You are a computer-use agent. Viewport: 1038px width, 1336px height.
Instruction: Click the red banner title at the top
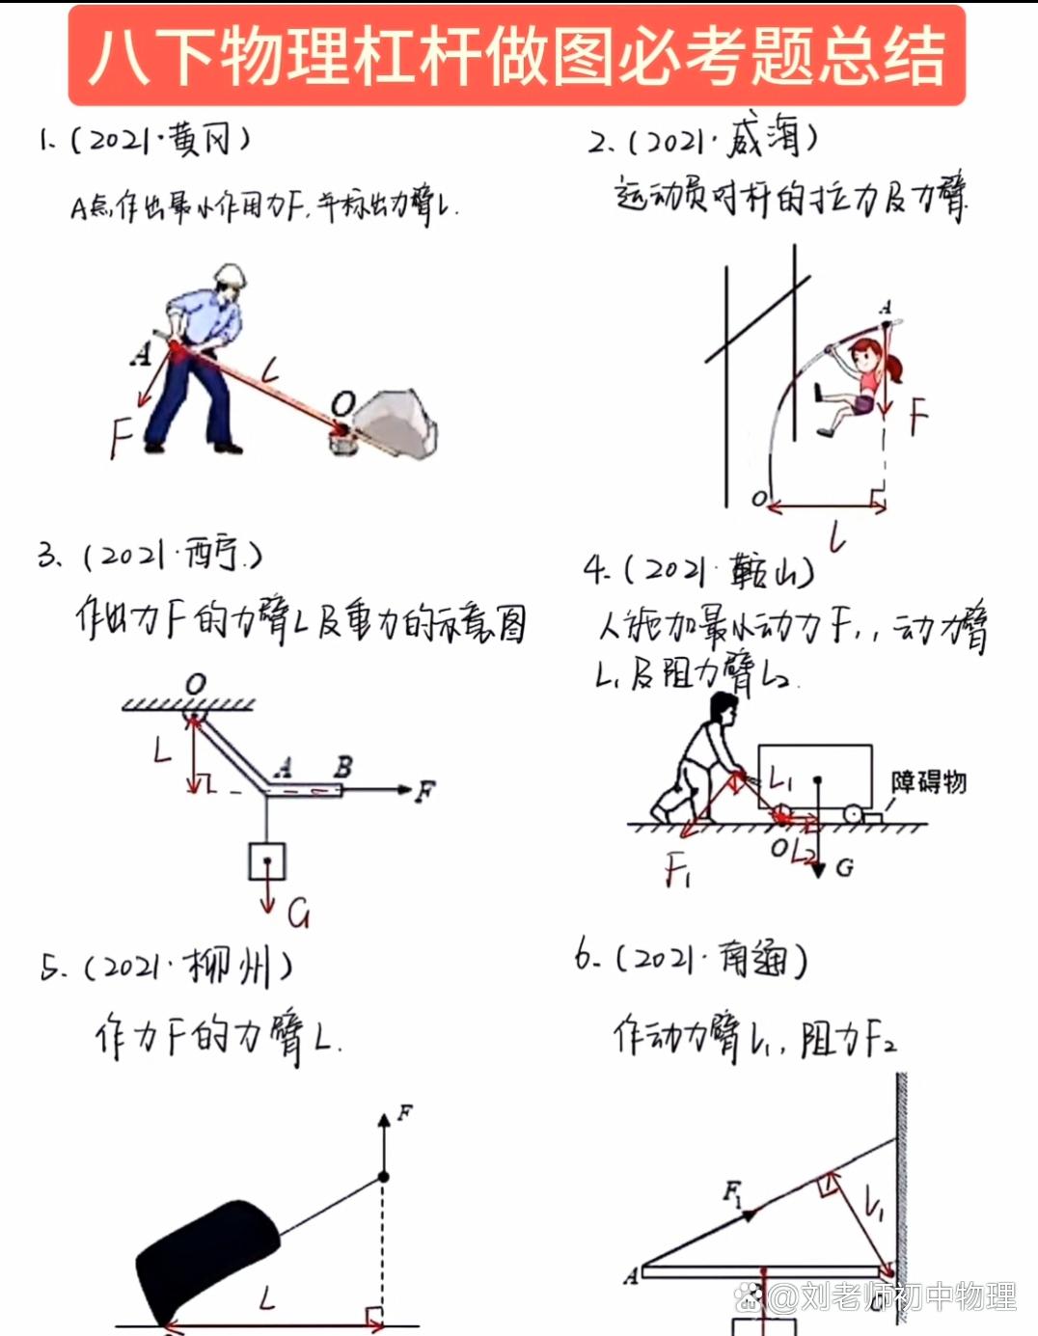click(x=517, y=55)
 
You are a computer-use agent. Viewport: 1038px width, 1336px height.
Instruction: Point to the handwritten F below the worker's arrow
click(x=120, y=436)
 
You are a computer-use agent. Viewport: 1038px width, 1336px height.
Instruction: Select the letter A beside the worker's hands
click(x=142, y=354)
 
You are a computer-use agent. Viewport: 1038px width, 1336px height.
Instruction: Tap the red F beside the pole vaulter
click(x=917, y=417)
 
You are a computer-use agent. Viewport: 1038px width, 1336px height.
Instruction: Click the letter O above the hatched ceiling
click(x=196, y=684)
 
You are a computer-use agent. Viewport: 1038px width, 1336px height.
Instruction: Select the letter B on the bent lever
click(x=342, y=767)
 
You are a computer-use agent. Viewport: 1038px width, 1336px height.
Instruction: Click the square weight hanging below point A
click(x=267, y=860)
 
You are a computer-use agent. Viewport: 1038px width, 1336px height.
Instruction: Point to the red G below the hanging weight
click(x=298, y=913)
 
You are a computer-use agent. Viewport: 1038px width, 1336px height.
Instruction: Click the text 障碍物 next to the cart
click(x=928, y=781)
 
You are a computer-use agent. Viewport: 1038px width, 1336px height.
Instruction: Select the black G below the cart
click(x=844, y=868)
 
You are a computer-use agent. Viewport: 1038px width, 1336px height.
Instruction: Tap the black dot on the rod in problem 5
click(x=383, y=1177)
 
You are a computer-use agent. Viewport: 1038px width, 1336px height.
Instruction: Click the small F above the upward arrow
click(x=405, y=1112)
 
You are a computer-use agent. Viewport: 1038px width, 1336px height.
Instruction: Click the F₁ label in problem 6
click(x=734, y=1194)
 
